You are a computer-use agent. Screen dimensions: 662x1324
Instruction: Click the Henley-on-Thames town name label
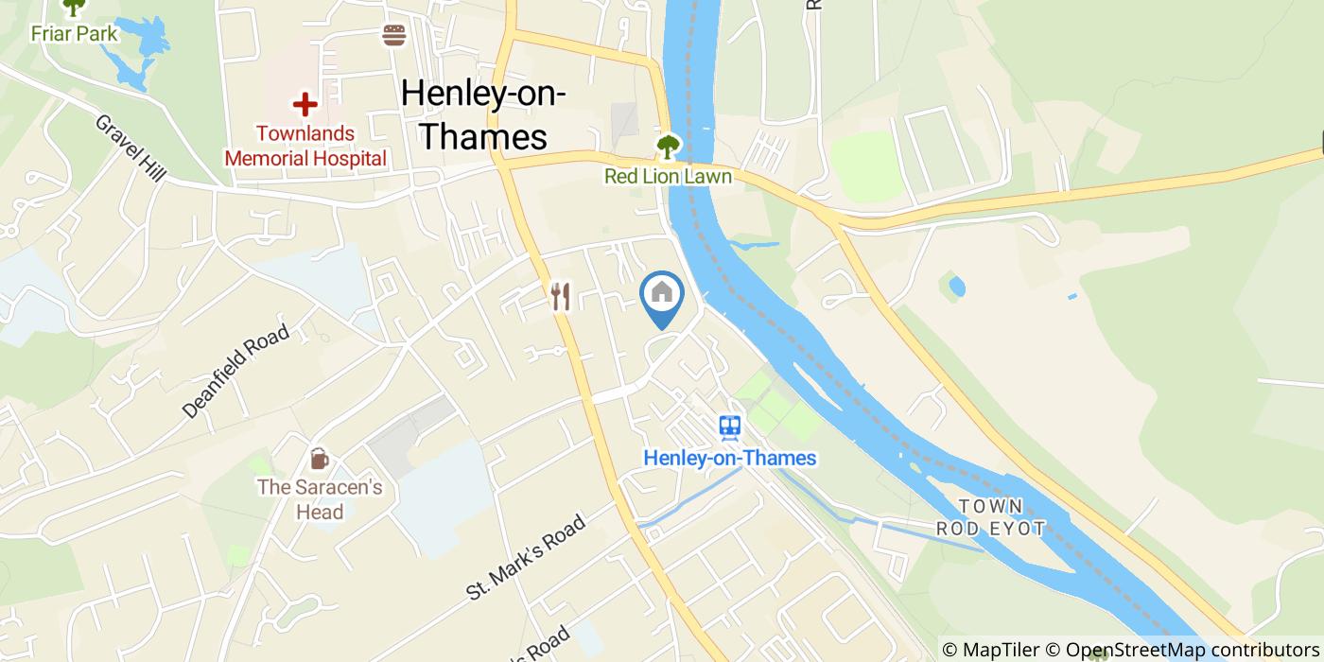tap(483, 114)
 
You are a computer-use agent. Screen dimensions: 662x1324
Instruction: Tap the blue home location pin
tap(662, 295)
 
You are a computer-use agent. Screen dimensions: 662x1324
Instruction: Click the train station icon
tap(729, 427)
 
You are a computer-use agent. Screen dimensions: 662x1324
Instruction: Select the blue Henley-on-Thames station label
tap(729, 458)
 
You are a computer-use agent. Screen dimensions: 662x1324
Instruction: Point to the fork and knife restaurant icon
tap(561, 297)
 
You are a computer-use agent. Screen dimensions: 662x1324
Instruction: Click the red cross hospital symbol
tap(305, 104)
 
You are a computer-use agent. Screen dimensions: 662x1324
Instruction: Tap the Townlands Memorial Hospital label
tap(305, 146)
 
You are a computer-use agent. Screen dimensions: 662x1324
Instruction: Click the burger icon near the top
tap(394, 35)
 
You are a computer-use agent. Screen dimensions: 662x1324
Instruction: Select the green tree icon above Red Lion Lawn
tap(669, 147)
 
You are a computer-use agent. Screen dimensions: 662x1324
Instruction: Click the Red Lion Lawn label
tap(669, 177)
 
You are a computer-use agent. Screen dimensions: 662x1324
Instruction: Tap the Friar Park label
tap(74, 34)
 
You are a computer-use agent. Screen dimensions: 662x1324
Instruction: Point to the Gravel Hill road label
tap(131, 149)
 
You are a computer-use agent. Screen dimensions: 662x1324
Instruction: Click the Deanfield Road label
tap(235, 372)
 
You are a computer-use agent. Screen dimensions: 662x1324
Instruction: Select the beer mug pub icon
tap(320, 460)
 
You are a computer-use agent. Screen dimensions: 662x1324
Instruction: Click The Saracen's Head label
tap(320, 499)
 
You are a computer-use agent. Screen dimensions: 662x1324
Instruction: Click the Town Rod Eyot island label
tap(991, 517)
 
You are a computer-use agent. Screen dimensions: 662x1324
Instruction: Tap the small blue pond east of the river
tap(956, 286)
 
